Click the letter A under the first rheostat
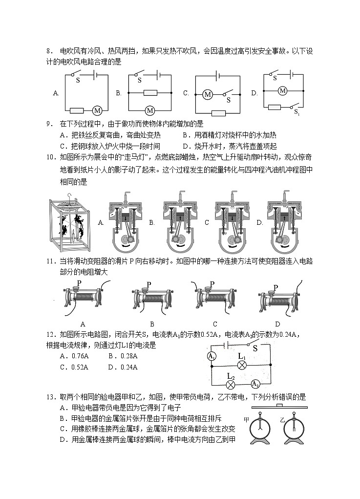click(83, 324)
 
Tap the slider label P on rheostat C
click(212, 283)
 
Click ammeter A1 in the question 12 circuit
click(212, 357)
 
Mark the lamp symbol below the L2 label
click(232, 384)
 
